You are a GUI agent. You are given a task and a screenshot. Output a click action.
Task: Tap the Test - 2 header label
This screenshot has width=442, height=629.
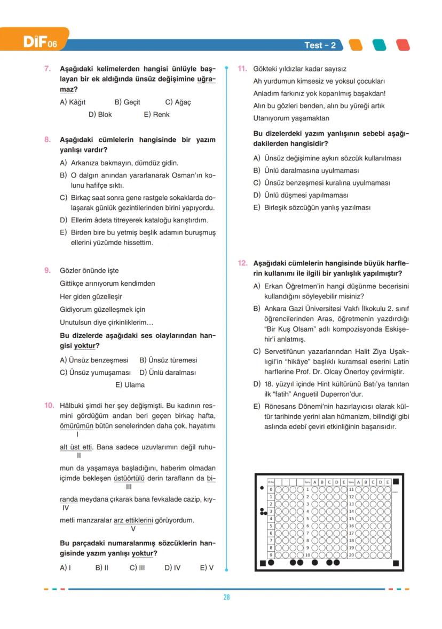[x=320, y=45]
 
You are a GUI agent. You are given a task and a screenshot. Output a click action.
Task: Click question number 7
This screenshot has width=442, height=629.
[x=47, y=69]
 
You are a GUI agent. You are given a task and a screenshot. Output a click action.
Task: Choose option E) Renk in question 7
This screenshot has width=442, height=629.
[x=156, y=115]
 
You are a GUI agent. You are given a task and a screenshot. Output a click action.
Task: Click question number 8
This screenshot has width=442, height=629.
[x=47, y=140]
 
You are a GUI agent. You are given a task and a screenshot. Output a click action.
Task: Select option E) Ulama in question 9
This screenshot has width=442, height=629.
[x=130, y=385]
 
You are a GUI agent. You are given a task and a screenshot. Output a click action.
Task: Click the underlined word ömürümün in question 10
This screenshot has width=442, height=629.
[x=77, y=426]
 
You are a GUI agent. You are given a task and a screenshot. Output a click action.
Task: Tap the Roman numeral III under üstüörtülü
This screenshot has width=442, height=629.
[x=129, y=487]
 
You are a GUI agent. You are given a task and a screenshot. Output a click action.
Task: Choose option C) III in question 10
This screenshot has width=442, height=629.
[x=137, y=568]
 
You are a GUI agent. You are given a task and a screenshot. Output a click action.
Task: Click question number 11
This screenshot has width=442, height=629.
[x=241, y=69]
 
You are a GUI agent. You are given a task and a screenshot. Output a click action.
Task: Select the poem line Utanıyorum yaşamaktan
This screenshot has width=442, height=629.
[x=291, y=118]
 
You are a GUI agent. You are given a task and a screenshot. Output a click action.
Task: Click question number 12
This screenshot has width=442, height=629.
[x=242, y=263]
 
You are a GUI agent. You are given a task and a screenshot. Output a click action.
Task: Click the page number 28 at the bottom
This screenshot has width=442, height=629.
[x=226, y=598]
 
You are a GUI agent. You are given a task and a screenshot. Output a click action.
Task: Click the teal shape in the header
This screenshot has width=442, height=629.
[x=378, y=45]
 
